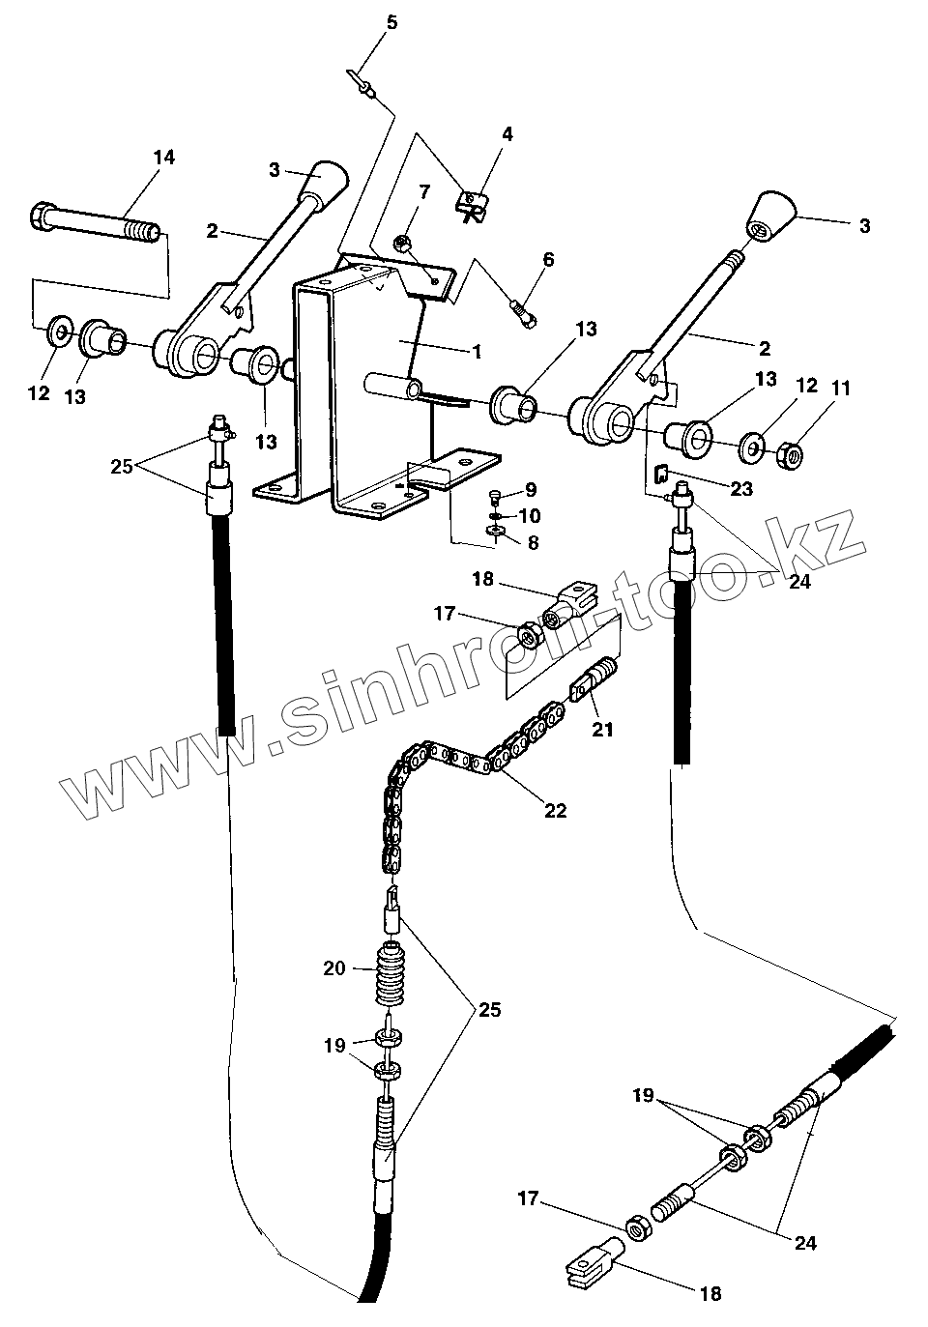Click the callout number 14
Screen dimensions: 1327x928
point(164,158)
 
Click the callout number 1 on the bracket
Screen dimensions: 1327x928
point(476,352)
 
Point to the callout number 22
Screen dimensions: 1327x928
point(555,810)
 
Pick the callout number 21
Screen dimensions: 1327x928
point(602,730)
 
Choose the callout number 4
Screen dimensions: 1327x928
point(507,134)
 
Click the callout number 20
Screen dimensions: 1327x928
point(334,966)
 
